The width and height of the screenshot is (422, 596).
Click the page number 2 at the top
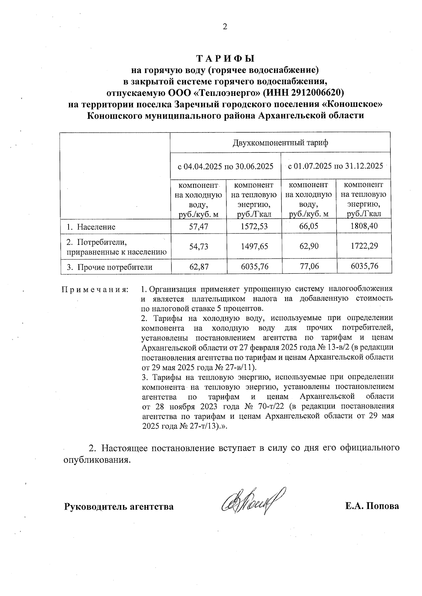click(x=225, y=27)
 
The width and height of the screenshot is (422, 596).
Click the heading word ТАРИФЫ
click(x=225, y=58)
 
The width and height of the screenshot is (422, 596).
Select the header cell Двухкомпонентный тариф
click(x=280, y=143)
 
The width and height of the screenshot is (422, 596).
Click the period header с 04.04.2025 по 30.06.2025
click(x=225, y=166)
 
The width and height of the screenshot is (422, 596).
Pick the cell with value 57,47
click(x=199, y=227)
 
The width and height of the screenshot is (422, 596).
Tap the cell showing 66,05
click(x=309, y=226)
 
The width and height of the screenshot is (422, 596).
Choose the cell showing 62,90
click(x=309, y=246)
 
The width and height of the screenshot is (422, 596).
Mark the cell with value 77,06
click(x=309, y=267)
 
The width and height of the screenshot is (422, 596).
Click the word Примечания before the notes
click(x=95, y=290)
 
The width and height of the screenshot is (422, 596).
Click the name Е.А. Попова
click(x=372, y=506)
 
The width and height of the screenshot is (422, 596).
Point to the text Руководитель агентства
click(x=119, y=507)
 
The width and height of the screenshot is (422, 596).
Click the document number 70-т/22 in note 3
click(x=270, y=406)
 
